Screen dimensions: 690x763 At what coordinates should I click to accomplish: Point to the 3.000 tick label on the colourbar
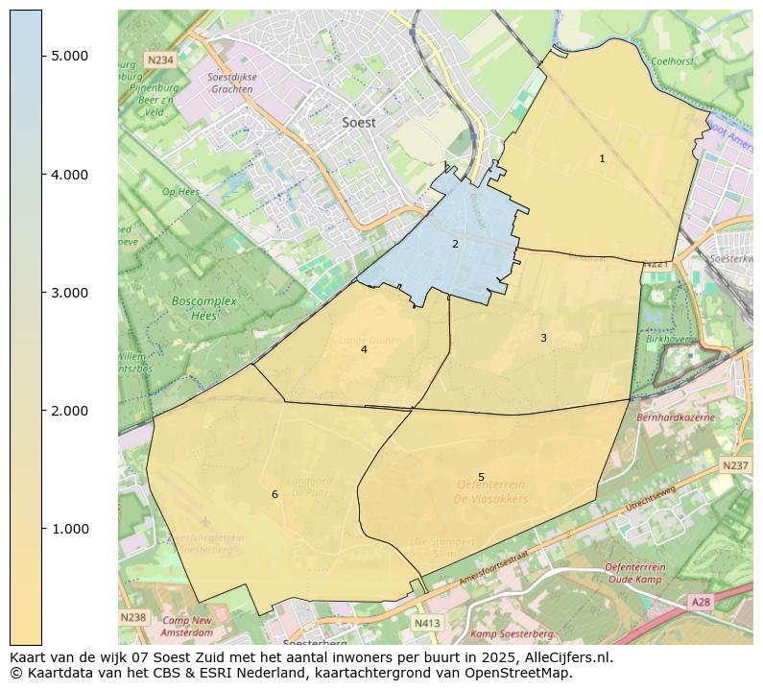(x=69, y=293)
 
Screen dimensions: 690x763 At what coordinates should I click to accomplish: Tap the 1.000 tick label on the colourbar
(x=69, y=529)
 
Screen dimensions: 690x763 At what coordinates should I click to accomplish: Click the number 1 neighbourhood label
(x=602, y=159)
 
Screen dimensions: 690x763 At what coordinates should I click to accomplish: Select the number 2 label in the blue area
(x=455, y=244)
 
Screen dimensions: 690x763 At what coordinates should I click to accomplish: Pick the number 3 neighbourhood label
(x=543, y=338)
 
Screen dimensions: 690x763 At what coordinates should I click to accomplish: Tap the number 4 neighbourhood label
(x=364, y=350)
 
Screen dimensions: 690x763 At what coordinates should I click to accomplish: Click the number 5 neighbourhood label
(x=481, y=477)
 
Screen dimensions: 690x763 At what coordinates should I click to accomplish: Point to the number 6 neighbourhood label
(x=274, y=494)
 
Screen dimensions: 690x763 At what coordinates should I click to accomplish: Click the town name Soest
(x=359, y=123)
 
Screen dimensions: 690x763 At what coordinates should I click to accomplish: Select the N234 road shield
(x=160, y=59)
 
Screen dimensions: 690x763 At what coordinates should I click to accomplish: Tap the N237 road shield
(x=734, y=465)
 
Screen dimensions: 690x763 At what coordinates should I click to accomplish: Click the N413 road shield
(x=427, y=623)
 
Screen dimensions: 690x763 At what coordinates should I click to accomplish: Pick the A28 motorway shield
(x=702, y=602)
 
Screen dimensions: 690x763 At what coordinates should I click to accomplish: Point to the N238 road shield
(x=133, y=617)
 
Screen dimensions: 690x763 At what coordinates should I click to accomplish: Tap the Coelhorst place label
(x=672, y=60)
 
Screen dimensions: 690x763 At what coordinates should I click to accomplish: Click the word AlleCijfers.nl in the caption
(x=563, y=657)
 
